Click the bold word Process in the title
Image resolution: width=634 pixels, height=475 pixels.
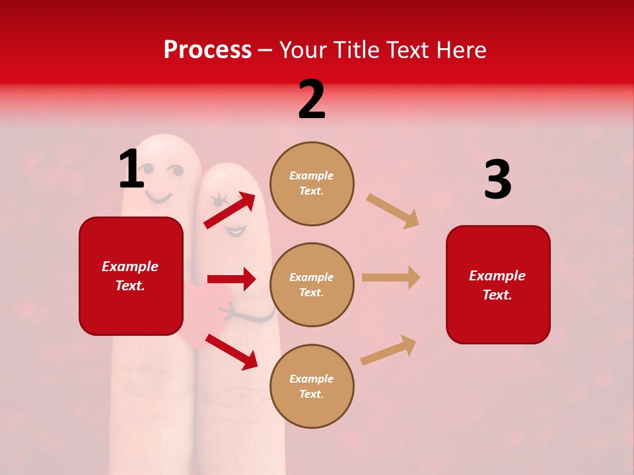[x=207, y=50]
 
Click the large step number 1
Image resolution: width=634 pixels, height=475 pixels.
[x=131, y=169]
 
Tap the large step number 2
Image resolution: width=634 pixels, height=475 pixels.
[x=312, y=100]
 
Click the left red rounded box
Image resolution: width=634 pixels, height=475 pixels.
[x=131, y=276]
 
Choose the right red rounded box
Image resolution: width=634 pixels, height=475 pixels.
[x=498, y=285]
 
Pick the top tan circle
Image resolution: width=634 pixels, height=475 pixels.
[x=312, y=183]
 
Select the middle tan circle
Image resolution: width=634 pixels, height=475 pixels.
[x=312, y=284]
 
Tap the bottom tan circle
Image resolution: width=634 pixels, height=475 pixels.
[x=312, y=386]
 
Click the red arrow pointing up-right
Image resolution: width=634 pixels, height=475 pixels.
[x=230, y=210]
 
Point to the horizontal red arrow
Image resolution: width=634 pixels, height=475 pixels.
[x=231, y=279]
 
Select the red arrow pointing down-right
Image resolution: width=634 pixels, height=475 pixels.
[x=231, y=351]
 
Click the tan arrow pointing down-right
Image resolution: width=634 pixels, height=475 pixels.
[x=392, y=210]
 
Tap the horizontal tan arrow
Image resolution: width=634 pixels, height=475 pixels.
[x=391, y=277]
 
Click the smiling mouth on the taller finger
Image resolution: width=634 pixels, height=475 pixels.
[x=159, y=197]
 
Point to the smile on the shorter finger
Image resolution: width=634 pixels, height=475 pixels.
[x=235, y=230]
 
